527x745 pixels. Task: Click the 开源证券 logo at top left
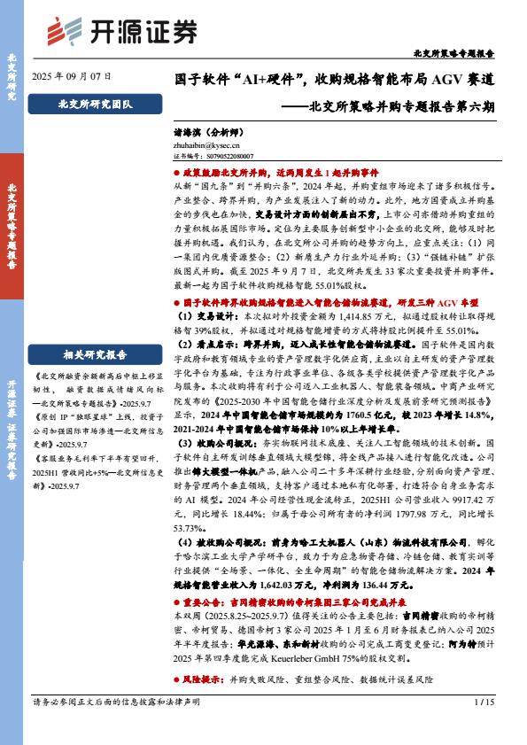121,30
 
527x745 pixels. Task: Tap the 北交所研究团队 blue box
81,105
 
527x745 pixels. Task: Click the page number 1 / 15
484,726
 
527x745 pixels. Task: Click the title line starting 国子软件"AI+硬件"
333,79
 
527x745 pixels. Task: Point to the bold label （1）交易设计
206,314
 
